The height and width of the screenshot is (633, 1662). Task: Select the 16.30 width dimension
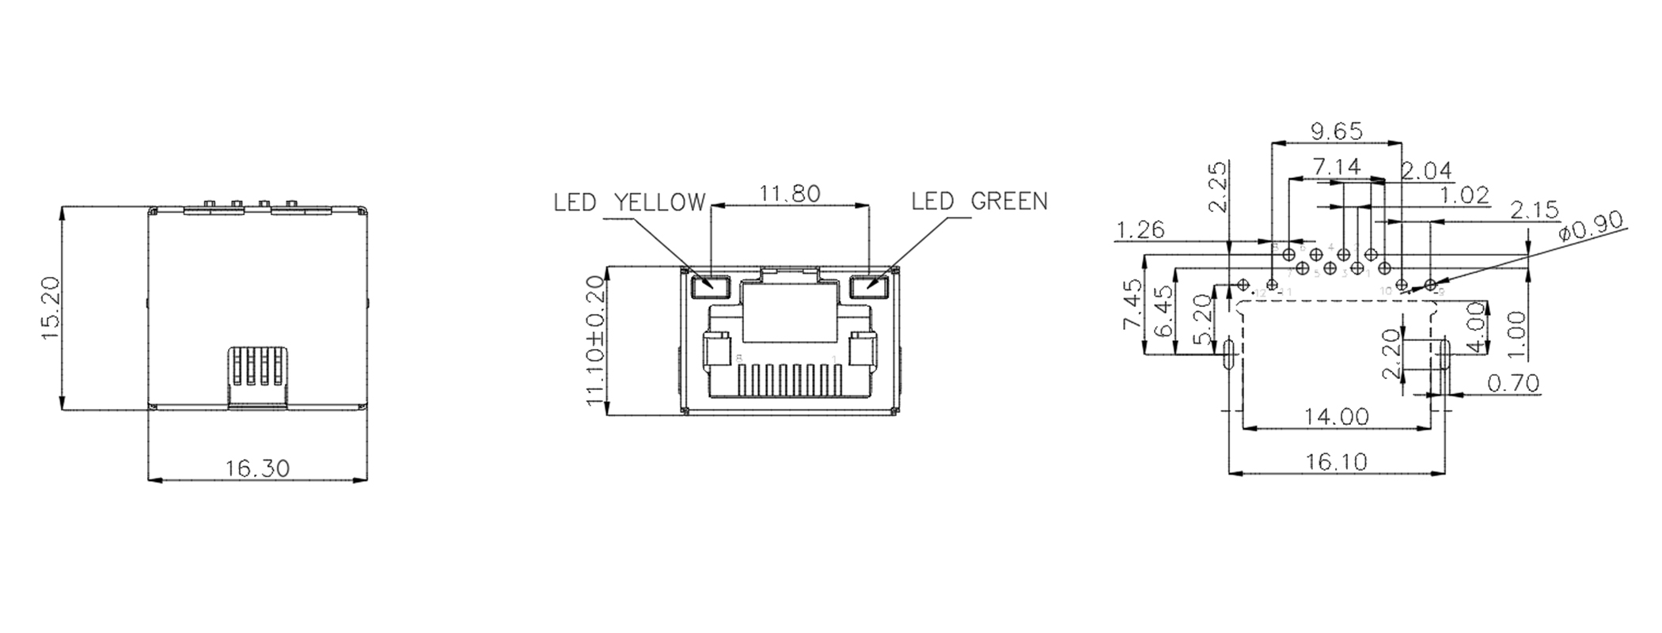(x=257, y=468)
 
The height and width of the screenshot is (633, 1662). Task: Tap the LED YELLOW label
(x=628, y=203)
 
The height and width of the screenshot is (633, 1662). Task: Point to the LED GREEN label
(x=979, y=202)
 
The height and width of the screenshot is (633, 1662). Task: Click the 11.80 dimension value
(x=789, y=194)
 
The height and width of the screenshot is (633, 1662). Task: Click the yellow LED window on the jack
(x=709, y=284)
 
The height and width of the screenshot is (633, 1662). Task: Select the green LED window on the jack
(x=868, y=284)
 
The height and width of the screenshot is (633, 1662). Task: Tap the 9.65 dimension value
(x=1337, y=131)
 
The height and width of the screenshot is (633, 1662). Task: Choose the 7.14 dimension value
(x=1337, y=167)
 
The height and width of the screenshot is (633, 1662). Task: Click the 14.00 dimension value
(x=1338, y=416)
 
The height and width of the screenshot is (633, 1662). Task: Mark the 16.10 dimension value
(x=1337, y=462)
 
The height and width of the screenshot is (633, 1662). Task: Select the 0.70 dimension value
(x=1513, y=384)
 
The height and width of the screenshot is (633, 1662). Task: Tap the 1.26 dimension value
(x=1140, y=230)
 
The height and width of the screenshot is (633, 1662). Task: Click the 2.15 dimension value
(x=1534, y=210)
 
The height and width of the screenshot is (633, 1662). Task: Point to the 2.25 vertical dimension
(x=1219, y=188)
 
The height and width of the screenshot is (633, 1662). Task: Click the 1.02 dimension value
(x=1464, y=195)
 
